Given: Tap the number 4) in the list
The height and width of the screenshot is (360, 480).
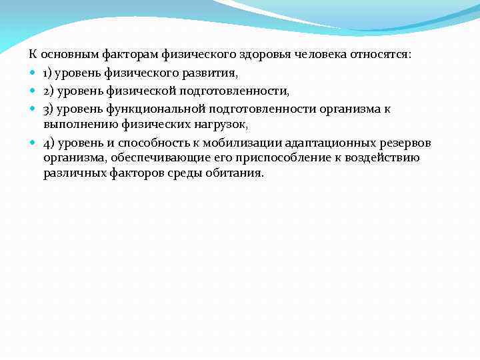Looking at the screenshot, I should pos(49,142).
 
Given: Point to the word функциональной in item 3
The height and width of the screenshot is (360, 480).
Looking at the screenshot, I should pos(155,107).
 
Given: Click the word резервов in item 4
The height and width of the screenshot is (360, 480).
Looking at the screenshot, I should pos(408,142).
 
